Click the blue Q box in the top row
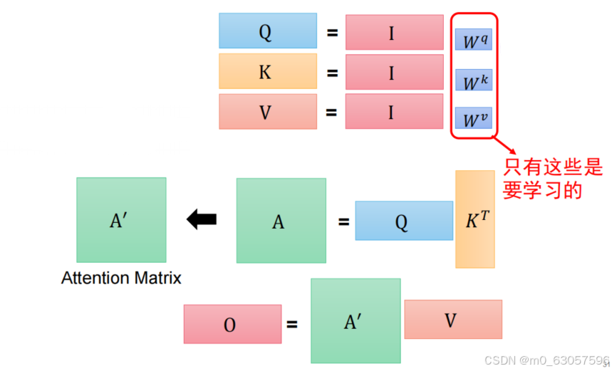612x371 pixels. point(267,31)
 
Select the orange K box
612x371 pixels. point(267,71)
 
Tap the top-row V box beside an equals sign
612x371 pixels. point(267,112)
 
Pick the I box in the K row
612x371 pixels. point(393,73)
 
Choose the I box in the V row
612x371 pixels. point(393,112)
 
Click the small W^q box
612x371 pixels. point(473,41)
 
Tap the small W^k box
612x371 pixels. point(473,80)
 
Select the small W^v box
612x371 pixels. point(473,118)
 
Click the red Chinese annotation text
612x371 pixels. point(553,178)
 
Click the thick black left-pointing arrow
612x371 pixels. point(202,221)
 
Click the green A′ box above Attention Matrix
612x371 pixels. point(121,220)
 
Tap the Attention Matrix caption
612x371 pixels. point(121,278)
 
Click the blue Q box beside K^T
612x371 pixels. point(403,221)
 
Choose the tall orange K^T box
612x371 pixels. point(474,219)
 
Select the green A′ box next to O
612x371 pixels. point(355,321)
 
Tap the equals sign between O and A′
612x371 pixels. point(292,325)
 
